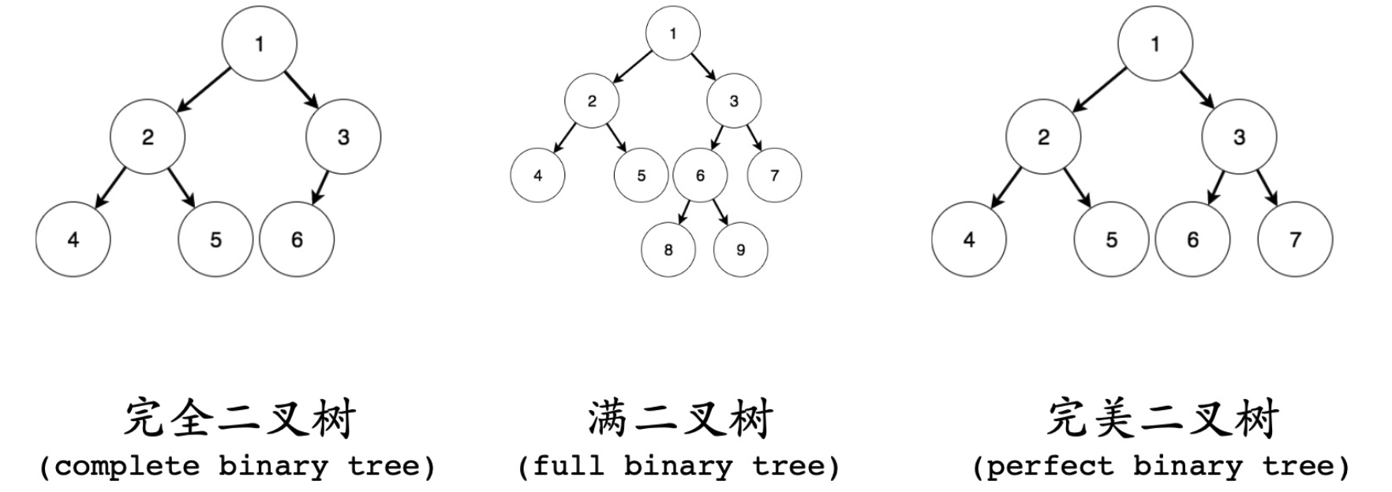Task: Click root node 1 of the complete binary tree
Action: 260,44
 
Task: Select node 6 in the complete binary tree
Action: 297,240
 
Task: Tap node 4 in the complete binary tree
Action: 73,240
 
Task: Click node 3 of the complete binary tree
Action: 343,137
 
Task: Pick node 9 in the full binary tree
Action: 740,250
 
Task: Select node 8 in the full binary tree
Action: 668,250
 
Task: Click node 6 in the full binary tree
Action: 700,175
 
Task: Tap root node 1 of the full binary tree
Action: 673,33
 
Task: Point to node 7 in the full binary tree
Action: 774,175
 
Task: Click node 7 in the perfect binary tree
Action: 1295,240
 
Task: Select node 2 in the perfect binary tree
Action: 1043,137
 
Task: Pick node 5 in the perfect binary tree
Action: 1111,240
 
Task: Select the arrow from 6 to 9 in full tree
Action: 720,212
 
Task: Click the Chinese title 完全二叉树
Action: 239,419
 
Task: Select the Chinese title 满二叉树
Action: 679,419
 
